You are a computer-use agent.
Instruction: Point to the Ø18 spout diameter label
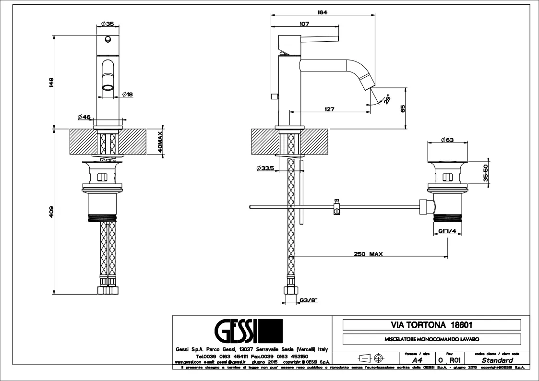click(127, 95)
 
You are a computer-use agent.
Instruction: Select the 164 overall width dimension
click(323, 13)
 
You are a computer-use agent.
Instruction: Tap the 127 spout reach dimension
click(329, 109)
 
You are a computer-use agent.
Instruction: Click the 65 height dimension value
click(403, 109)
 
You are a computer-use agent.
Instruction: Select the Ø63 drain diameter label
click(447, 140)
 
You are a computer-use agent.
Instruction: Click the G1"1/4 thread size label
click(447, 231)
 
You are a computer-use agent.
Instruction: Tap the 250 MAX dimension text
click(368, 254)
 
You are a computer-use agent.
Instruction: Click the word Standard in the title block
click(497, 360)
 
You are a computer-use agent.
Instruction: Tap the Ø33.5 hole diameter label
click(265, 168)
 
